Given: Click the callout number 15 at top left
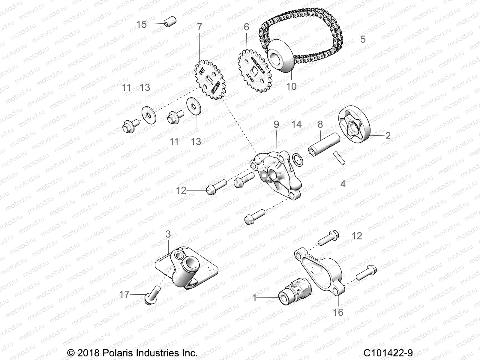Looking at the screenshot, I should [x=142, y=24].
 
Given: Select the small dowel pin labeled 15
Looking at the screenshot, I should [x=170, y=22].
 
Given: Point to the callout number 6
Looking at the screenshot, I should [x=246, y=27].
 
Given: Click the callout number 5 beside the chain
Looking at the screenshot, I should [x=363, y=39].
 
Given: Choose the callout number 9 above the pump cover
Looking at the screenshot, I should [x=276, y=124].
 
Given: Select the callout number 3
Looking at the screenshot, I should [x=168, y=234].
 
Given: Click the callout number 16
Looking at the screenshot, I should [x=338, y=312].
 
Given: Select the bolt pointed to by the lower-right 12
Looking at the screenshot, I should [x=328, y=238].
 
